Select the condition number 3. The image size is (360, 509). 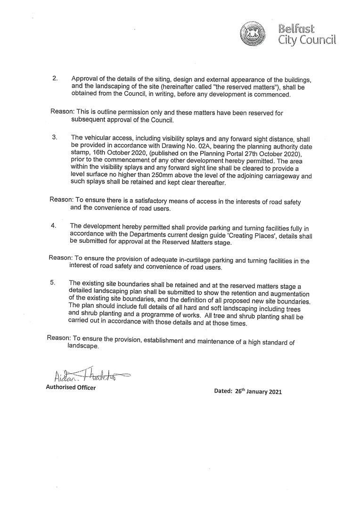point(54,137)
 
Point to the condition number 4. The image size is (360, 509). point(54,226)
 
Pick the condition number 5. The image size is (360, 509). point(52,283)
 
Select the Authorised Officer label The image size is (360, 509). point(71,387)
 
